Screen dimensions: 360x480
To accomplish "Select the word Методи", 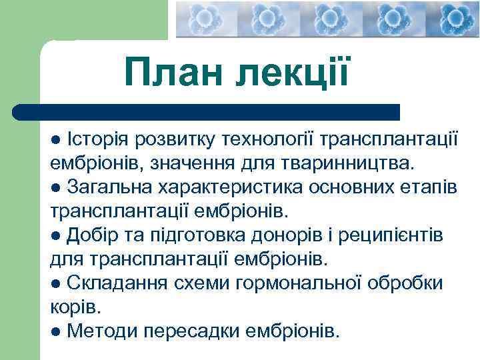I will click(x=99, y=330).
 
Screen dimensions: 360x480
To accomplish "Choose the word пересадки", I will click(x=191, y=330).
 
